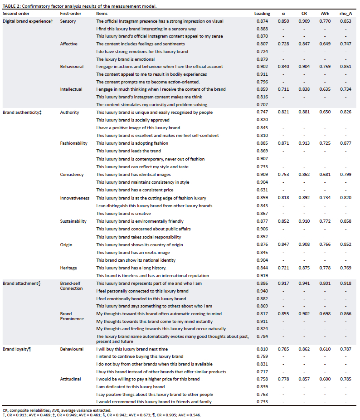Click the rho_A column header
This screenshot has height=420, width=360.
click(345, 14)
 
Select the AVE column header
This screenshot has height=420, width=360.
click(326, 14)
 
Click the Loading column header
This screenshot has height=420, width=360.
click(262, 14)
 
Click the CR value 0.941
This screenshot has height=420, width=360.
click(304, 283)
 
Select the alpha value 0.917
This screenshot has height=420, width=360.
click(283, 283)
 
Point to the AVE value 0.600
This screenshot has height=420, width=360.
click(326, 379)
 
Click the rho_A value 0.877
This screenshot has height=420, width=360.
click(345, 143)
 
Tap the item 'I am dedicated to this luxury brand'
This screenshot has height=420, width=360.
click(130, 386)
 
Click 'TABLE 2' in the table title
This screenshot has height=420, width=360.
click(12, 5)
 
